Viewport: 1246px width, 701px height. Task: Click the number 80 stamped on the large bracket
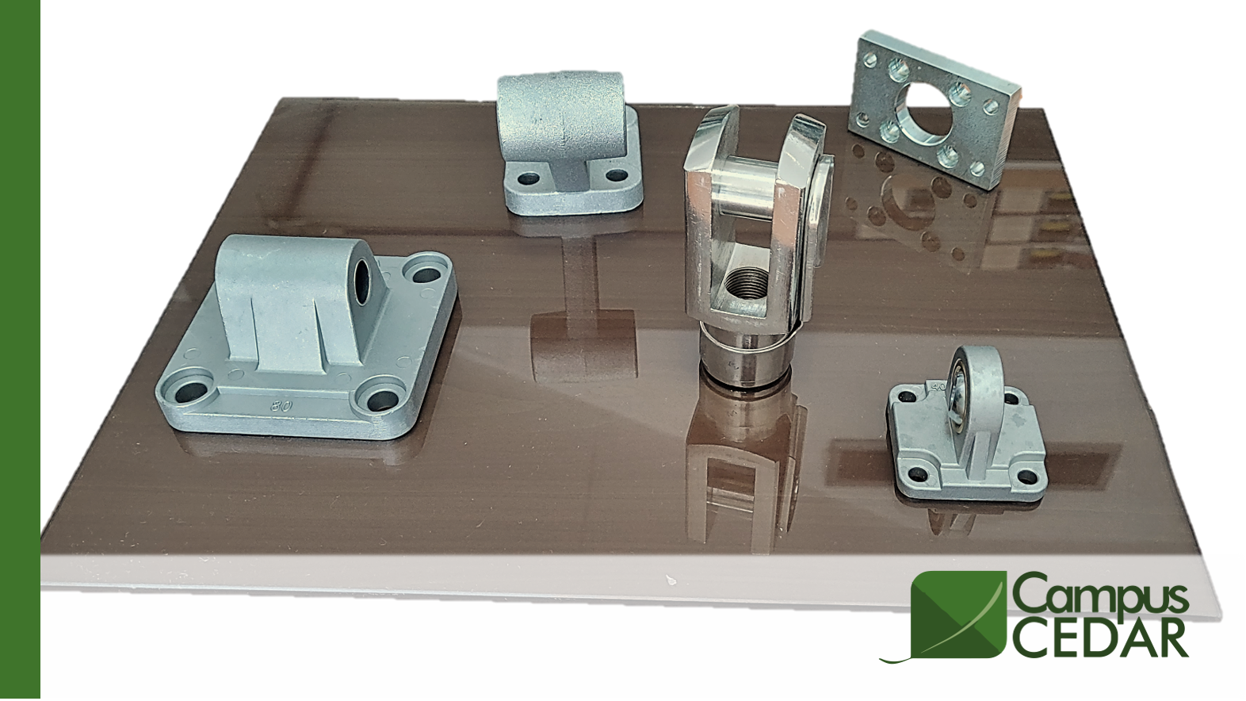point(282,406)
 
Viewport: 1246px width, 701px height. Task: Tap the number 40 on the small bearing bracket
point(938,386)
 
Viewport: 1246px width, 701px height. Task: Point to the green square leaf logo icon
point(960,615)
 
